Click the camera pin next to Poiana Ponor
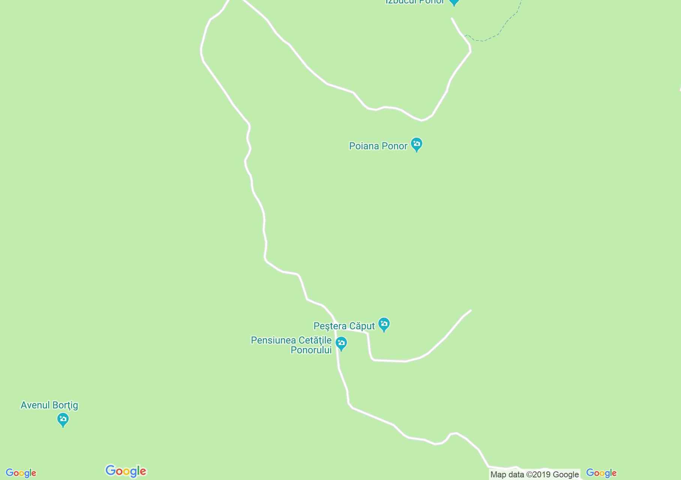coord(416,144)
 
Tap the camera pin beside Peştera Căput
coord(384,324)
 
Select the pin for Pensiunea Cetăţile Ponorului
coord(341,343)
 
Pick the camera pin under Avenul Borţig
coord(63,419)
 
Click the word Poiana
coord(363,146)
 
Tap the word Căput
coord(362,326)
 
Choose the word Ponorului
coord(311,350)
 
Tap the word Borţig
coord(65,405)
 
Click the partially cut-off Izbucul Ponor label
coord(415,2)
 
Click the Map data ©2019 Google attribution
coord(534,474)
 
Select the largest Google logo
coord(126,471)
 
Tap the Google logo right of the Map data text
coord(601,473)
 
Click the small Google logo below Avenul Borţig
coord(21,473)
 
